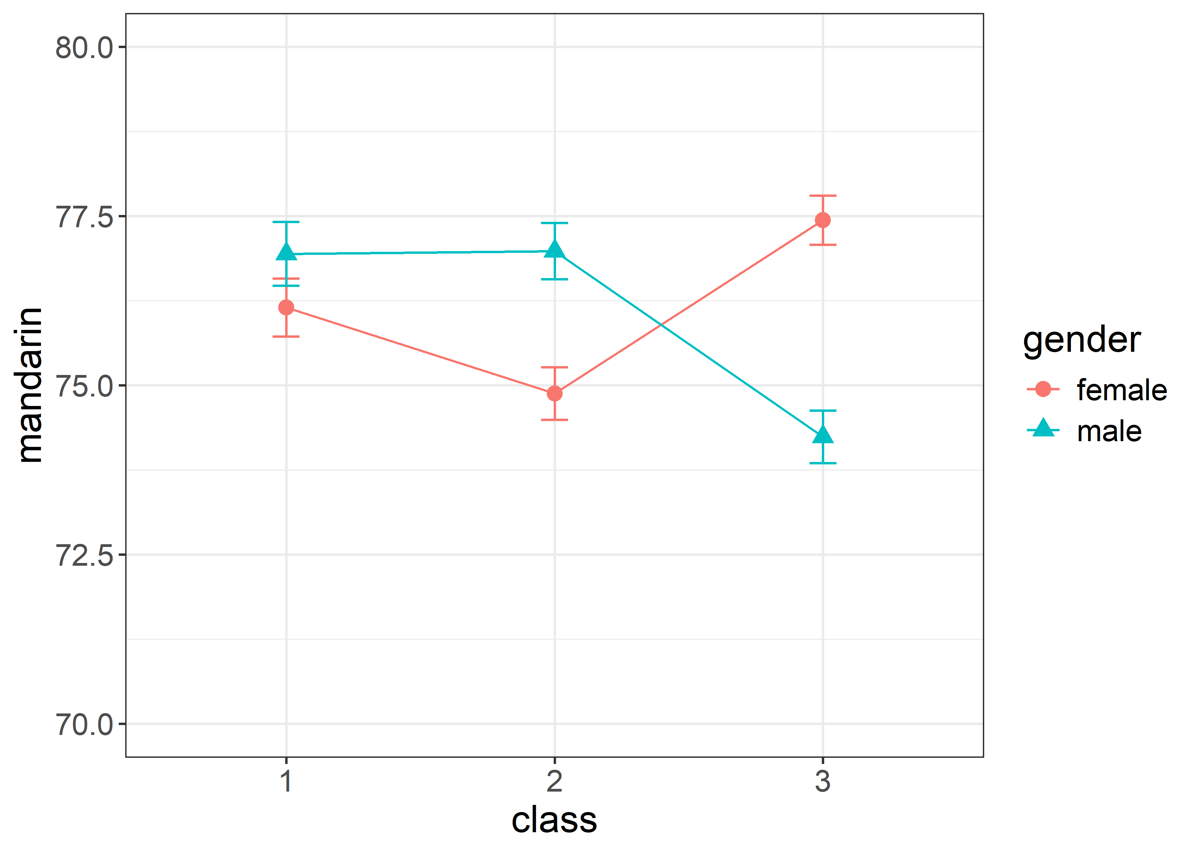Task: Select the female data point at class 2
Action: tap(554, 393)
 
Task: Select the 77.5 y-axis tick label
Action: tap(84, 217)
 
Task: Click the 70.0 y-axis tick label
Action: tap(84, 724)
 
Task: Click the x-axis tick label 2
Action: tap(554, 781)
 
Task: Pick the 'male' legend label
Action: tap(1109, 431)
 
